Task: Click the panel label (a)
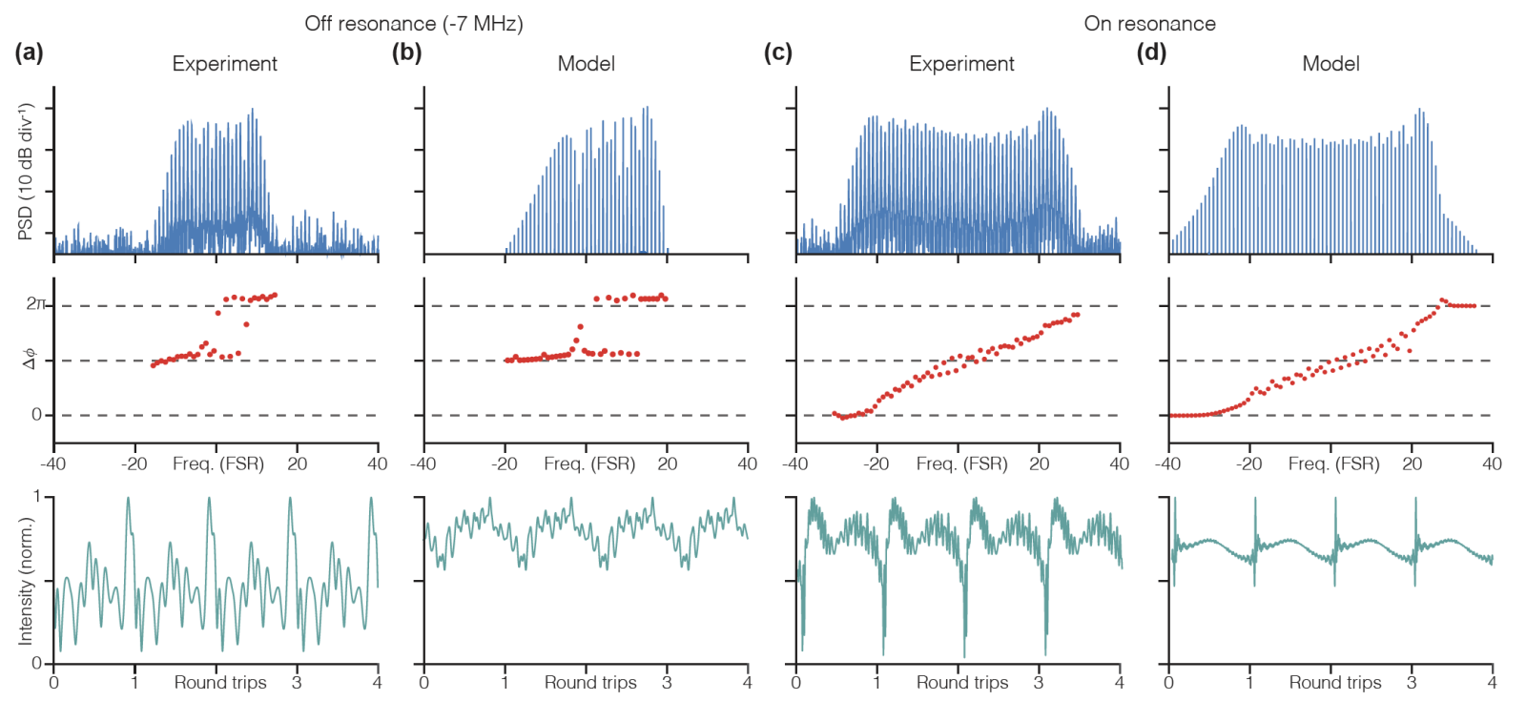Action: (x=29, y=53)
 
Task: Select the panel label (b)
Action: (x=406, y=53)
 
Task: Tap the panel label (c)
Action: (x=778, y=53)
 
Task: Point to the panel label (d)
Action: (x=1151, y=53)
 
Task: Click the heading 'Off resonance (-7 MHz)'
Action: (x=414, y=24)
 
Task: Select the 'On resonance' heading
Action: (x=1149, y=24)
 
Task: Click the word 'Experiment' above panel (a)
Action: (x=224, y=64)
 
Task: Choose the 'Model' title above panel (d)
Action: (x=1330, y=64)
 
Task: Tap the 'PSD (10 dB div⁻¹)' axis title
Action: (x=26, y=172)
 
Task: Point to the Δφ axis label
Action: (x=31, y=361)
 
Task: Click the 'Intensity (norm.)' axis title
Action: (x=26, y=581)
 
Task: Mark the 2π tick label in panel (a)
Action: (x=35, y=304)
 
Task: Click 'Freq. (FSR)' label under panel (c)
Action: (x=961, y=464)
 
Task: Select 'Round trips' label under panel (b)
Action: (x=590, y=683)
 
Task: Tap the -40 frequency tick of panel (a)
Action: (x=53, y=464)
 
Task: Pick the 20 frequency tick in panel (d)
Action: (x=1412, y=464)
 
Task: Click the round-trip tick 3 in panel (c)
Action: (x=1039, y=683)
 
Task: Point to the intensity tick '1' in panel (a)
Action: (x=37, y=497)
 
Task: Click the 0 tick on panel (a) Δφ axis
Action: (x=36, y=415)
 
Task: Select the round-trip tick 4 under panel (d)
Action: (x=1492, y=683)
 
